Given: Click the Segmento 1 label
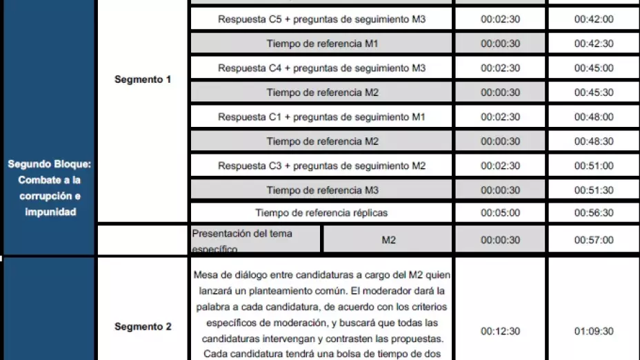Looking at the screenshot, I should pos(143,79).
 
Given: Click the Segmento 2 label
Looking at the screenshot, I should pos(143,326).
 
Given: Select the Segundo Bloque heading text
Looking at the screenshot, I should pos(50,188).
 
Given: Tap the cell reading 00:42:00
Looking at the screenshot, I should pos(593,19).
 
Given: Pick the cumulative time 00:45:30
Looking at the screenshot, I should pos(593,92).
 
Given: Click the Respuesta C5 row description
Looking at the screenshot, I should pos(321,19).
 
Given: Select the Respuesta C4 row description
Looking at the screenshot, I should pos(321,68).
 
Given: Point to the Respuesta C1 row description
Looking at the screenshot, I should pos(321,117).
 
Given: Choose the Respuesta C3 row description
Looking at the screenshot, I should pos(321,166).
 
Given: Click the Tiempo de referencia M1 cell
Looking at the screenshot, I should pos(321,43).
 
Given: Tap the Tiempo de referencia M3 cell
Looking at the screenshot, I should pos(321,190).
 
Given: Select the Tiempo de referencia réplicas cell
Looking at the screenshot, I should pos(321,213).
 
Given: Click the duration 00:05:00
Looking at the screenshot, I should pos(500,213).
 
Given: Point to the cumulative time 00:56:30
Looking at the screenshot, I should pos(593,213).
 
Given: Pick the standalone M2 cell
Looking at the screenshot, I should pos(388,240).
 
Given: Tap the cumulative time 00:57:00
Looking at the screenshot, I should pos(593,240).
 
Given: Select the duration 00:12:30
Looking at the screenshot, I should pos(500,332).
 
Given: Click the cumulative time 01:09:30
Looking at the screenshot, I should pos(593,332).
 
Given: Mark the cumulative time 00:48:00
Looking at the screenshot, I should pos(593,117).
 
